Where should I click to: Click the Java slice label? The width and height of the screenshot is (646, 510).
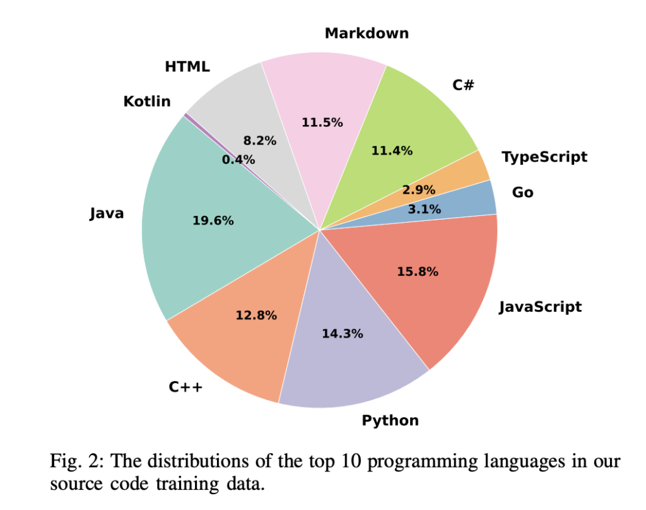coord(107,214)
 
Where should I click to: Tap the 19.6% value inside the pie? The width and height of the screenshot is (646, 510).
coord(213,221)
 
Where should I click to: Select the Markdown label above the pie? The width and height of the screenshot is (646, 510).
coord(367,33)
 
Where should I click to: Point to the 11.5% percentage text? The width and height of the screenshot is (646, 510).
coord(322,122)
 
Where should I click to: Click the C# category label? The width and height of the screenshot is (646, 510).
coord(463,85)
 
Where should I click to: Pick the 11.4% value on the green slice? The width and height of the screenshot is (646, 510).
coord(392,151)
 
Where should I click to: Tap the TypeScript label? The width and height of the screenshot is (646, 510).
coord(544,157)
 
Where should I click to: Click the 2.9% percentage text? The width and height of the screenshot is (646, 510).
coord(419,190)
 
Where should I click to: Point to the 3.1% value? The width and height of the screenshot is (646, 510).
coord(424,209)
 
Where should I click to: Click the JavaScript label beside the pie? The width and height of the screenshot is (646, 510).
coord(540,307)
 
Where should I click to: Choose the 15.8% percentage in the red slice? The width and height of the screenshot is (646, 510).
coord(418,272)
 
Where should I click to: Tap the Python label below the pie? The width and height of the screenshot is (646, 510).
coord(390,420)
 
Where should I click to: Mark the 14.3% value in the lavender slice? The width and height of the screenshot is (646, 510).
coord(342,334)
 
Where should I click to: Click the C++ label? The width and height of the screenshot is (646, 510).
coord(185,387)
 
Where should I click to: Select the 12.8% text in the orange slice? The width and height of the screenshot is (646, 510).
coord(256,316)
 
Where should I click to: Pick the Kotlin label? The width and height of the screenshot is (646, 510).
coord(147,101)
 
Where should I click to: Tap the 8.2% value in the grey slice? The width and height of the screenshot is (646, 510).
coord(260,141)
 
